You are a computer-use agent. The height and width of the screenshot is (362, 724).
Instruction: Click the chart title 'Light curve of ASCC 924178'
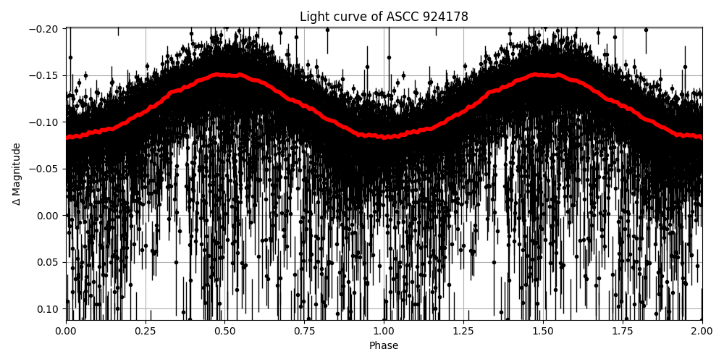pos(384,17)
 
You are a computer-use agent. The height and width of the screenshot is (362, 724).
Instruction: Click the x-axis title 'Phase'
pos(384,346)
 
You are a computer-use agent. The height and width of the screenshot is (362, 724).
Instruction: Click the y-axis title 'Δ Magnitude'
pos(17,174)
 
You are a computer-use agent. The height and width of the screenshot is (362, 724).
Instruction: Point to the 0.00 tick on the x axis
pos(66,331)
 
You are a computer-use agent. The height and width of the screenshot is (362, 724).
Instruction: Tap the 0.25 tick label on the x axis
pos(146,331)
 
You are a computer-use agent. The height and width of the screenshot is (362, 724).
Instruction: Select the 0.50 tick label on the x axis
pos(225,331)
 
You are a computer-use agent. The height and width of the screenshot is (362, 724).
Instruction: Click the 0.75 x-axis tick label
pos(304,331)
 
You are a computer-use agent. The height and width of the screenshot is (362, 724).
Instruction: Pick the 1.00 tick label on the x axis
pos(384,331)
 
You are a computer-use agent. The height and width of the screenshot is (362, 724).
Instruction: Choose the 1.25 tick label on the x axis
pos(463,331)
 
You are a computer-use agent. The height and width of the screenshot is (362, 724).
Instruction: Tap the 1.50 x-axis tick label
pos(543,331)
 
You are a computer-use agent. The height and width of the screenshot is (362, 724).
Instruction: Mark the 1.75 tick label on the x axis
pos(622,331)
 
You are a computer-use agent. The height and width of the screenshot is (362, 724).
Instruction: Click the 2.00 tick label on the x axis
pos(702,331)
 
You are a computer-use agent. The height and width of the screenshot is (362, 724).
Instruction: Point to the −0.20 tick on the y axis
pos(45,29)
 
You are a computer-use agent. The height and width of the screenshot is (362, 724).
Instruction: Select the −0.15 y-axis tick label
pos(45,76)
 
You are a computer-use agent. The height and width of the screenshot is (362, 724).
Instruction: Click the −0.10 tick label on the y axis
pos(45,122)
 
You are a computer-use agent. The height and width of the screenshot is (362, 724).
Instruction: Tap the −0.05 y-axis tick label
pos(45,169)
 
